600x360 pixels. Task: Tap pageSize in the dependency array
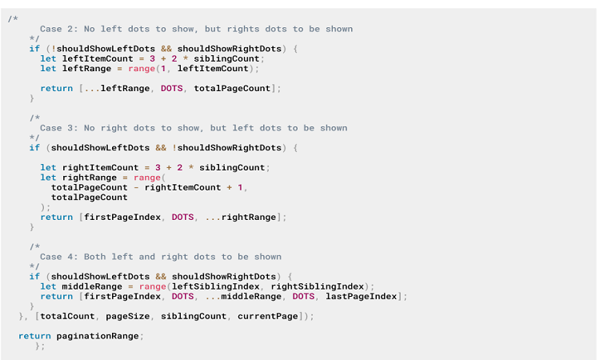130,316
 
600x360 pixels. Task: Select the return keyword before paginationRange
34,336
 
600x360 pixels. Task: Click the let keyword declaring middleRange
48,286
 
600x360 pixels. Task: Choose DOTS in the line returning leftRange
171,88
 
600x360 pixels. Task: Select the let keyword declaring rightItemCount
48,167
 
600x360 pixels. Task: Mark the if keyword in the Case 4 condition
34,276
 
